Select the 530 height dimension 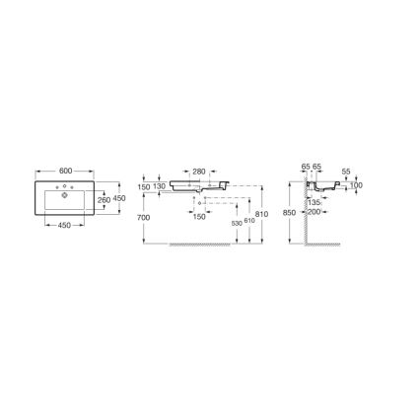pos(235,224)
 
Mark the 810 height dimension pos(261,214)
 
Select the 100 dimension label pos(355,185)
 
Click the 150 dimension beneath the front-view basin pos(198,216)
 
